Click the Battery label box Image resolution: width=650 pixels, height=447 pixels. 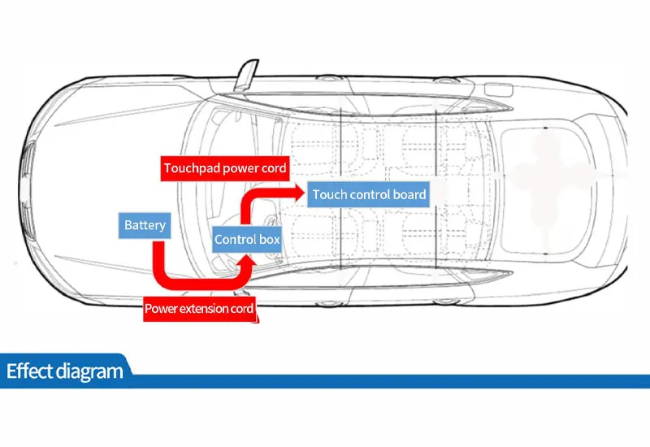(145, 225)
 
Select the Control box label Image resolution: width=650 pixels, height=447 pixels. (247, 239)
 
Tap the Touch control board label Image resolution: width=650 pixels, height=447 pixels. (370, 194)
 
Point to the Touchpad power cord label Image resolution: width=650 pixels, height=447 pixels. (225, 169)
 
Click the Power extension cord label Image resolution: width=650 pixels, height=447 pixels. (199, 309)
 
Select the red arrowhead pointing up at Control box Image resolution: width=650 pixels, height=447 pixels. (247, 258)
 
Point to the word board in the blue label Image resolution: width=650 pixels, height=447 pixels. (409, 194)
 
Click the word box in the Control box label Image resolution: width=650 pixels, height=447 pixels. (270, 239)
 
